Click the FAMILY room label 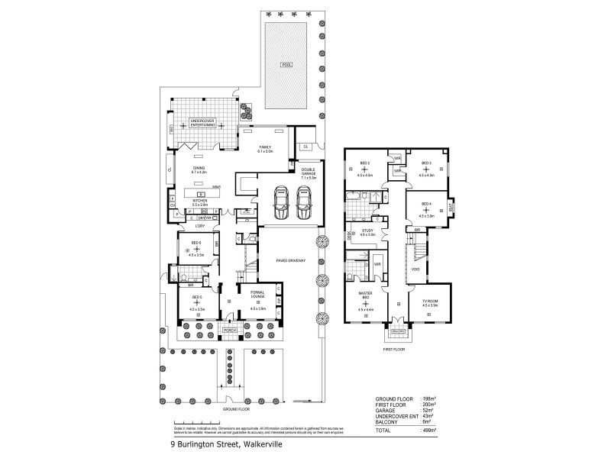pos(265,147)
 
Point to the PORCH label pos(228,330)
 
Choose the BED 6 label pos(196,243)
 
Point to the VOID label pos(415,269)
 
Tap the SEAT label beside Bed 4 pos(451,205)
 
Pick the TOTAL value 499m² pos(429,431)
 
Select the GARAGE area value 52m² pos(429,412)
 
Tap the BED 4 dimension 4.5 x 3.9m pos(426,216)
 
